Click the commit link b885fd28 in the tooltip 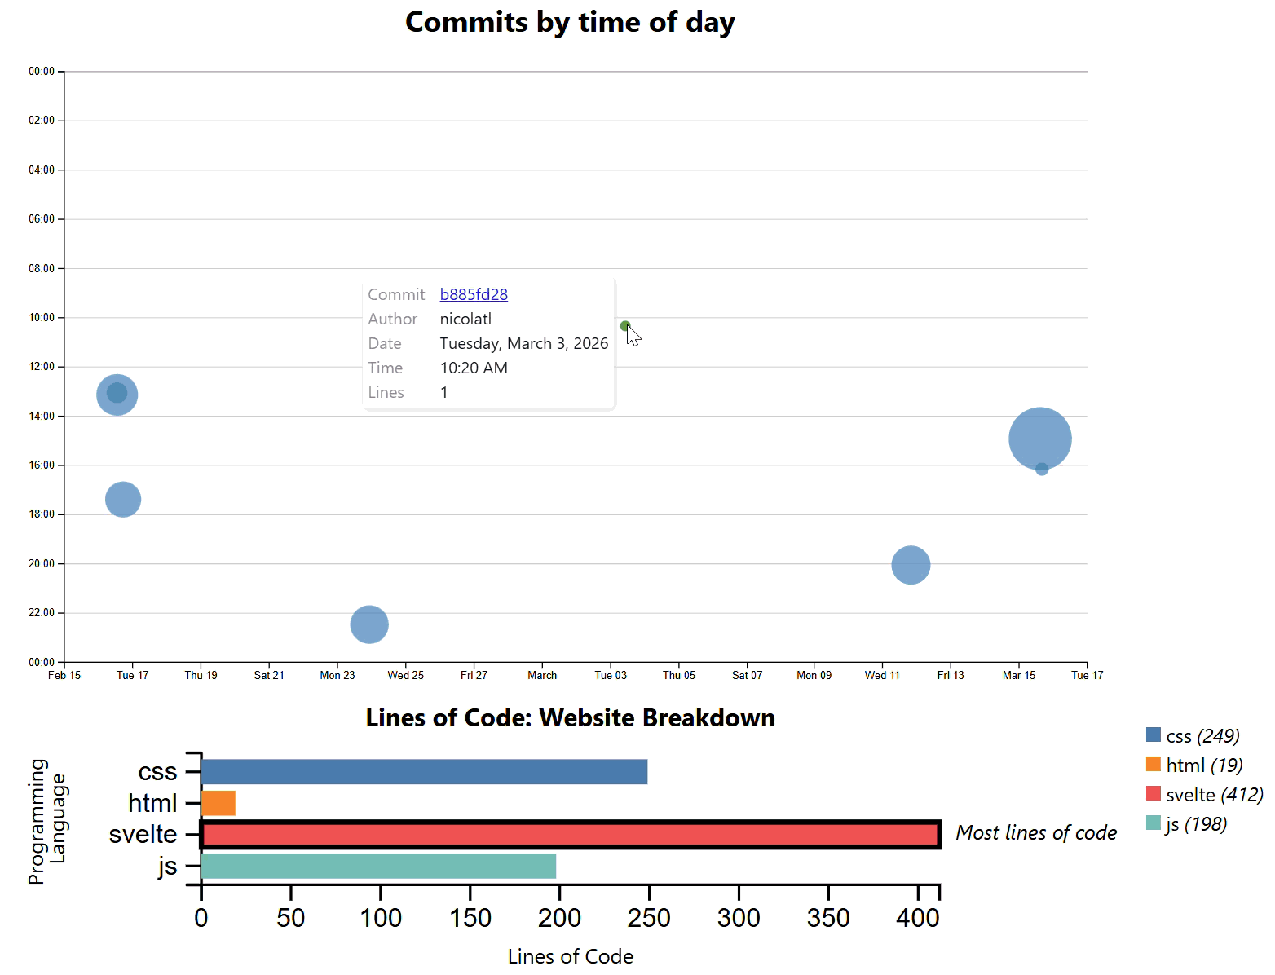474,294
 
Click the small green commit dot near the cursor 625,326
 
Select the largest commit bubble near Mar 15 1039,438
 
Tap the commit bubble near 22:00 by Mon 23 369,624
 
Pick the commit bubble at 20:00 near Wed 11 911,565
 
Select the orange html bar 218,803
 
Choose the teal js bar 378,866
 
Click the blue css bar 424,772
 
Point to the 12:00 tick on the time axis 42,367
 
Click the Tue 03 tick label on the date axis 611,675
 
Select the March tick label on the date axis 542,675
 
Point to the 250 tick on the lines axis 649,918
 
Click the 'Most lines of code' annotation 1036,832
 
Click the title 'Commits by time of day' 570,22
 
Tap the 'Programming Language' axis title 47,821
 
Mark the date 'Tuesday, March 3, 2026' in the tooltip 524,343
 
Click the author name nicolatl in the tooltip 465,319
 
